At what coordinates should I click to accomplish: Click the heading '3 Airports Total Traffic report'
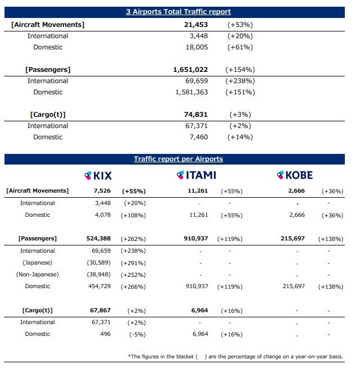pos(178,12)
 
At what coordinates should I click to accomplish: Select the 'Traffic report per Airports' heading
pos(178,159)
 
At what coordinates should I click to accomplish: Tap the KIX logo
pos(98,175)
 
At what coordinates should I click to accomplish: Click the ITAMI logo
pos(196,175)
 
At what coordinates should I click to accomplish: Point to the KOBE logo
pos(295,175)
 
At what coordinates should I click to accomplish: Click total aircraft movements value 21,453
pos(196,25)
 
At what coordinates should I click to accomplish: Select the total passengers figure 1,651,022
pos(190,70)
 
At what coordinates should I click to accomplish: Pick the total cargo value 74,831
pos(196,115)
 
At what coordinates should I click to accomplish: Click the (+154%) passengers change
pos(240,70)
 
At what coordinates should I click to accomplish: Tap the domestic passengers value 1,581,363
pos(192,92)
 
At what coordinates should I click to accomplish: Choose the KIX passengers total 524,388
pos(98,238)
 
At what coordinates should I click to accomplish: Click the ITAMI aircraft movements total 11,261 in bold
pos(198,191)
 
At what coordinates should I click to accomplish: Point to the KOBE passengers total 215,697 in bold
pos(293,238)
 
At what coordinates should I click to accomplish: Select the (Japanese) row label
pos(38,262)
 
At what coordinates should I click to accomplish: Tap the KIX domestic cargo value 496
pos(106,334)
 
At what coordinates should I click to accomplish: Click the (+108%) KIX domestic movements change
pos(133,215)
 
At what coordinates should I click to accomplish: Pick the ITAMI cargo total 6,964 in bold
pos(199,310)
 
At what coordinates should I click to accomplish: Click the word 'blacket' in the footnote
pos(185,357)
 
